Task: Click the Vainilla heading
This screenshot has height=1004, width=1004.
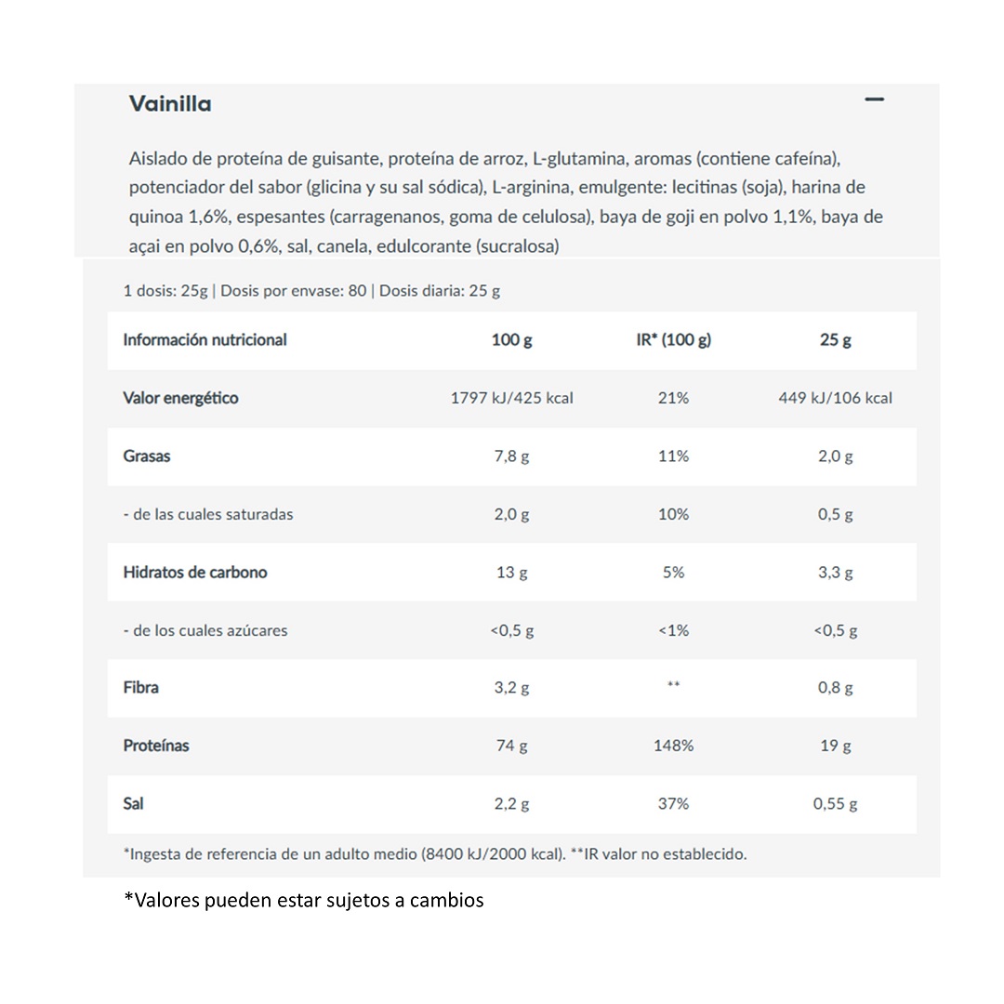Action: point(170,103)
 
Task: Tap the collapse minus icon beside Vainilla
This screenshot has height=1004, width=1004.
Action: point(874,99)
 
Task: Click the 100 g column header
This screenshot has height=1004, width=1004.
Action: point(511,340)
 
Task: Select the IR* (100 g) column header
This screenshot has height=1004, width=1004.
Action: point(673,340)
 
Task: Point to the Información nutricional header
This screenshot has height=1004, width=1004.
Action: point(205,340)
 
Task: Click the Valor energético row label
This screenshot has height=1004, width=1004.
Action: point(180,398)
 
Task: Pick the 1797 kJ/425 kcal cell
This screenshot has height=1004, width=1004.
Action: point(511,398)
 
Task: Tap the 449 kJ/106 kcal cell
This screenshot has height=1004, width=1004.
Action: point(835,398)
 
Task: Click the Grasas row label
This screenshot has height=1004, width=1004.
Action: point(147,456)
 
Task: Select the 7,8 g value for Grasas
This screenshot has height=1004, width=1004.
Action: point(511,456)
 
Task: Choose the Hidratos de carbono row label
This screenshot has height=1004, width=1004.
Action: point(195,573)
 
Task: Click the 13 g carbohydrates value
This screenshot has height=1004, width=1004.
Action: point(511,573)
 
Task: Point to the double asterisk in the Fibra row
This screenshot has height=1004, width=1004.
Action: point(673,686)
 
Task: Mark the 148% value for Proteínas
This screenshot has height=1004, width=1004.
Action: point(673,746)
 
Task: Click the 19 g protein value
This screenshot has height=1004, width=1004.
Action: point(835,746)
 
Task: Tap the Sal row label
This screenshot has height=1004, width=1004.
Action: point(133,803)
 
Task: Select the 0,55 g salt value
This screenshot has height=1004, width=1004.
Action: point(835,803)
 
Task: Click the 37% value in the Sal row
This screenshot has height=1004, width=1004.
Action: point(673,803)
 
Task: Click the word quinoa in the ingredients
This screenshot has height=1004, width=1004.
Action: point(156,217)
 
